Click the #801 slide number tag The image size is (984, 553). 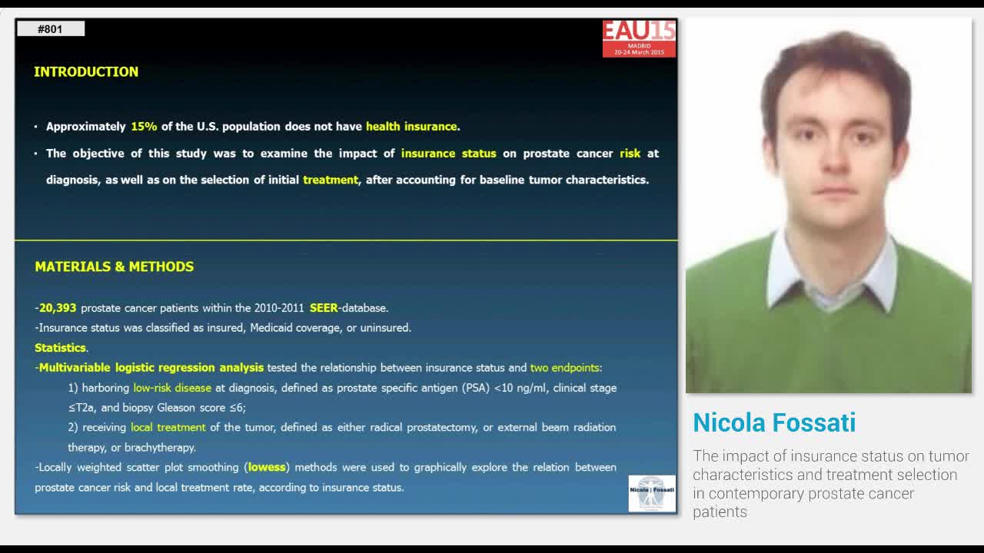[x=50, y=29]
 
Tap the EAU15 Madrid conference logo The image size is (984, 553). [x=639, y=38]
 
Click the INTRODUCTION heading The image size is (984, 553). [x=86, y=71]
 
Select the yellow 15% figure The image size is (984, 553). [x=144, y=127]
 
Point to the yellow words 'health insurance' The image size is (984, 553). [x=411, y=127]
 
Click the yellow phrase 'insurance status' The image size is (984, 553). [x=448, y=154]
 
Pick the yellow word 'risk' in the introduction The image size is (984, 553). [x=630, y=154]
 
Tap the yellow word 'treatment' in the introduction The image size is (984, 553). [x=331, y=180]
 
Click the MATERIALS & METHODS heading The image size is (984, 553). [x=114, y=267]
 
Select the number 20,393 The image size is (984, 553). [x=58, y=308]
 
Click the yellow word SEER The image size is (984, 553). [x=324, y=308]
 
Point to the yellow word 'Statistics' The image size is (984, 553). [x=60, y=348]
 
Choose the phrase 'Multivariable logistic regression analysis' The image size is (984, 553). [x=151, y=368]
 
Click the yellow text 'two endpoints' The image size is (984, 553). [x=565, y=368]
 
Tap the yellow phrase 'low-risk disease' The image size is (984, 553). [x=172, y=388]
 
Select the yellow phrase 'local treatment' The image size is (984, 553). [x=168, y=427]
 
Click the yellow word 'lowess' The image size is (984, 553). [x=267, y=467]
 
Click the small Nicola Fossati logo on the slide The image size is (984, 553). [x=652, y=493]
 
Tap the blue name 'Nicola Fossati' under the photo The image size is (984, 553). [x=774, y=422]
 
